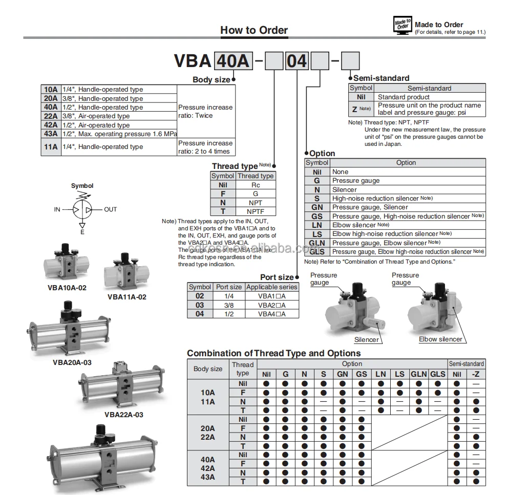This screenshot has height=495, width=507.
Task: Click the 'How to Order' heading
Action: (254, 30)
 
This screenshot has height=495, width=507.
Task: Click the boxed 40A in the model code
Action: (233, 61)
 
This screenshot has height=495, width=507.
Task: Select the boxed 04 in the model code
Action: (297, 61)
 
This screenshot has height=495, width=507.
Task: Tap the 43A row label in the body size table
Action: (51, 134)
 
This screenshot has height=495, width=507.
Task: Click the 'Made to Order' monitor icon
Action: (402, 26)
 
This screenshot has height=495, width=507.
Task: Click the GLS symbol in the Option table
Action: (317, 251)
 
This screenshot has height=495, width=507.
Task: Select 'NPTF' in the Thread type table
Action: (256, 211)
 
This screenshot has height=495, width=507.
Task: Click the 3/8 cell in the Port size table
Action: (228, 305)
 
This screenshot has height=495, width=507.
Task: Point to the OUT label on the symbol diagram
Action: (111, 209)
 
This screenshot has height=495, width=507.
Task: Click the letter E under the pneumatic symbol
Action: (82, 232)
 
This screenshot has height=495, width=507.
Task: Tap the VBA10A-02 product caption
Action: (67, 288)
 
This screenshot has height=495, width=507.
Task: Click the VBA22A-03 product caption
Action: (123, 415)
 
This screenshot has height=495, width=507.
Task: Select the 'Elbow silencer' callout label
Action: (440, 339)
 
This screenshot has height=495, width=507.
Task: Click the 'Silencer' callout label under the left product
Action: (367, 339)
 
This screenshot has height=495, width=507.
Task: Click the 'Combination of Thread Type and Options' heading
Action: (273, 353)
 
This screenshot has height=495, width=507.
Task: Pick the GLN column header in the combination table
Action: (418, 374)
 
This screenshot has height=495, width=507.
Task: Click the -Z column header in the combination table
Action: (476, 374)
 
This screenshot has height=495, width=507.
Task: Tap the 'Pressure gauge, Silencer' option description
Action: (370, 207)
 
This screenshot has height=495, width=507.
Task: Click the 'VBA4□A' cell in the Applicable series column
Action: (271, 314)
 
